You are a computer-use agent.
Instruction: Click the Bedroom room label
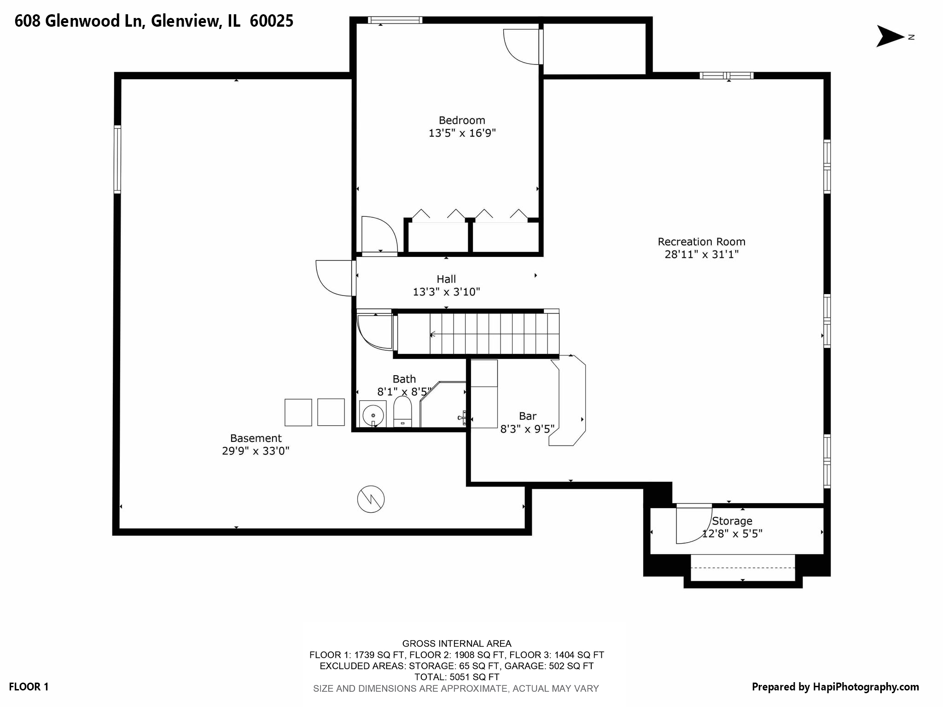[462, 121]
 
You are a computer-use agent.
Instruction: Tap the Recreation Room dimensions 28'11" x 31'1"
[701, 254]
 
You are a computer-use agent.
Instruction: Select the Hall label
[446, 279]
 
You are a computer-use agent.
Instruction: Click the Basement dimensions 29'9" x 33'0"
[256, 451]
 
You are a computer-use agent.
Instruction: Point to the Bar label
[528, 416]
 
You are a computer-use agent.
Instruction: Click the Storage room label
[732, 521]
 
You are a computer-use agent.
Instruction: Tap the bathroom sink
[373, 415]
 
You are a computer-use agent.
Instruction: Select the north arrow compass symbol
[891, 36]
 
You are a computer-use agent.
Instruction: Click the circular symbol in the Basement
[371, 499]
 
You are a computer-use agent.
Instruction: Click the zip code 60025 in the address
[271, 21]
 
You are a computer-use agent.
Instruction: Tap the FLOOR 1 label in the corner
[29, 687]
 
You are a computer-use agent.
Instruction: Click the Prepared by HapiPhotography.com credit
[835, 687]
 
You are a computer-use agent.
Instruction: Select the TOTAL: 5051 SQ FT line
[456, 677]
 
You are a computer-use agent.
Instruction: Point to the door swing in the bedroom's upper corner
[522, 46]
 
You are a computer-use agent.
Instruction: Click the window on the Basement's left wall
[117, 159]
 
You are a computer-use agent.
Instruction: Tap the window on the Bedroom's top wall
[395, 20]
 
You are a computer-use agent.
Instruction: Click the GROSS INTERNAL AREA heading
[456, 643]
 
